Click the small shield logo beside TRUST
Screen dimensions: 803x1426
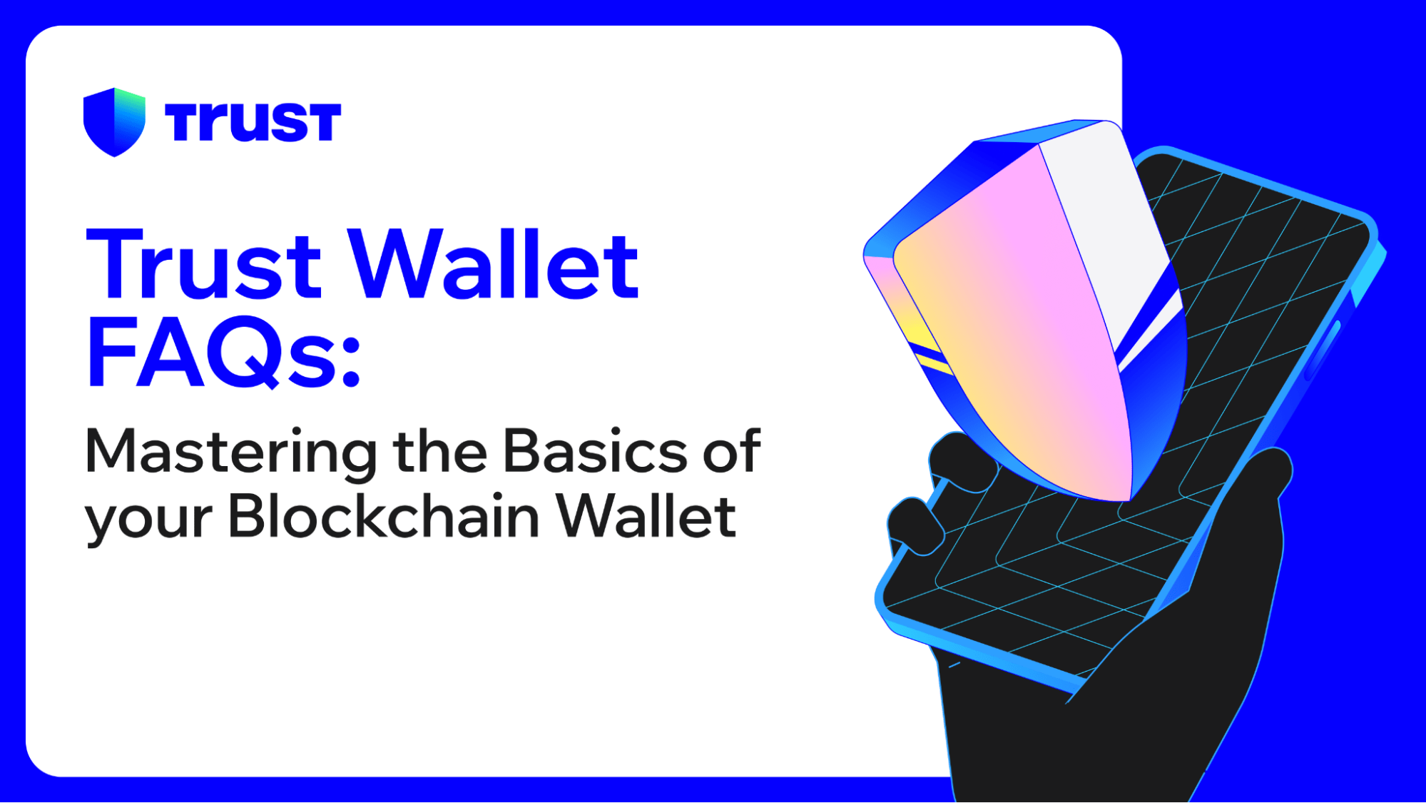click(114, 121)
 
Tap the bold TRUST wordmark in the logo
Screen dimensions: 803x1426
click(253, 122)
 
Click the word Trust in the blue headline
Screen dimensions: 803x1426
click(204, 265)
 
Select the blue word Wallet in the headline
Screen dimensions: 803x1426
click(495, 265)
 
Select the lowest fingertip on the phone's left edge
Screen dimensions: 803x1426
click(917, 528)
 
